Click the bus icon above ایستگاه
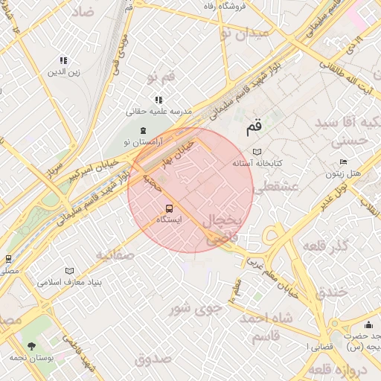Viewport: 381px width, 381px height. (168, 208)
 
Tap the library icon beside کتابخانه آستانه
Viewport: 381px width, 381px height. (257, 151)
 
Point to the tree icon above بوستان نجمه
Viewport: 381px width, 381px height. (31, 346)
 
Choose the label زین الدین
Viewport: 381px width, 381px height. (64, 72)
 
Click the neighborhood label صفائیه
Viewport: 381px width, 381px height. (115, 254)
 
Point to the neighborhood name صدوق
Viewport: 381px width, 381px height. (155, 360)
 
